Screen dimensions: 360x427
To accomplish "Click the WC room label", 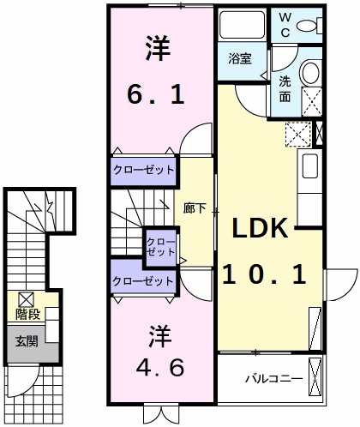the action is pos(285,25).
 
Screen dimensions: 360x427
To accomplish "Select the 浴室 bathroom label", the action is pos(240,58).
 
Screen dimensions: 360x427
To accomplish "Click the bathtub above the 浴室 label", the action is pos(243,25).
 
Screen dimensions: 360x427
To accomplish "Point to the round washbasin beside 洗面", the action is pos(310,72).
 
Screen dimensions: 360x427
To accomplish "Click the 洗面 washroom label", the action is pos(285,89).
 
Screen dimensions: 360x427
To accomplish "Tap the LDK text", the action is pos(260,228).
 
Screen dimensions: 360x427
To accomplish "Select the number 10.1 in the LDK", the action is pos(264,274).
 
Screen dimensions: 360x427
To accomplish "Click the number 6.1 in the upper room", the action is pos(156,95).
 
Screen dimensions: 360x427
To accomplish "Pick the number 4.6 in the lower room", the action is pos(159,368).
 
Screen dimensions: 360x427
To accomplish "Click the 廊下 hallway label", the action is pos(195,208).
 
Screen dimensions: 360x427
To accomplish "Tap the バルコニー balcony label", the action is pos(274,379).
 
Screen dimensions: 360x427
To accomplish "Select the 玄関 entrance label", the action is pos(27,341).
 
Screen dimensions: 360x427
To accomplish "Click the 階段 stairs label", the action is pos(27,315).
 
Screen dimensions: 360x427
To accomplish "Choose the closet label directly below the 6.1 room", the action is pos(143,170).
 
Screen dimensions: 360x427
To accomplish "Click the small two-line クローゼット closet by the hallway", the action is pos(160,247).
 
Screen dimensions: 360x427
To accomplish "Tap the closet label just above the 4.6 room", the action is pos(143,281).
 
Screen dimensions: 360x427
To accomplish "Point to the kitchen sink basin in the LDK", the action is pos(310,165).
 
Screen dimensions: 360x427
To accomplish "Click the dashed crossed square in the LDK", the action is pos(298,135).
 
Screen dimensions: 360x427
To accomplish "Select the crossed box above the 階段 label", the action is pos(27,299).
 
